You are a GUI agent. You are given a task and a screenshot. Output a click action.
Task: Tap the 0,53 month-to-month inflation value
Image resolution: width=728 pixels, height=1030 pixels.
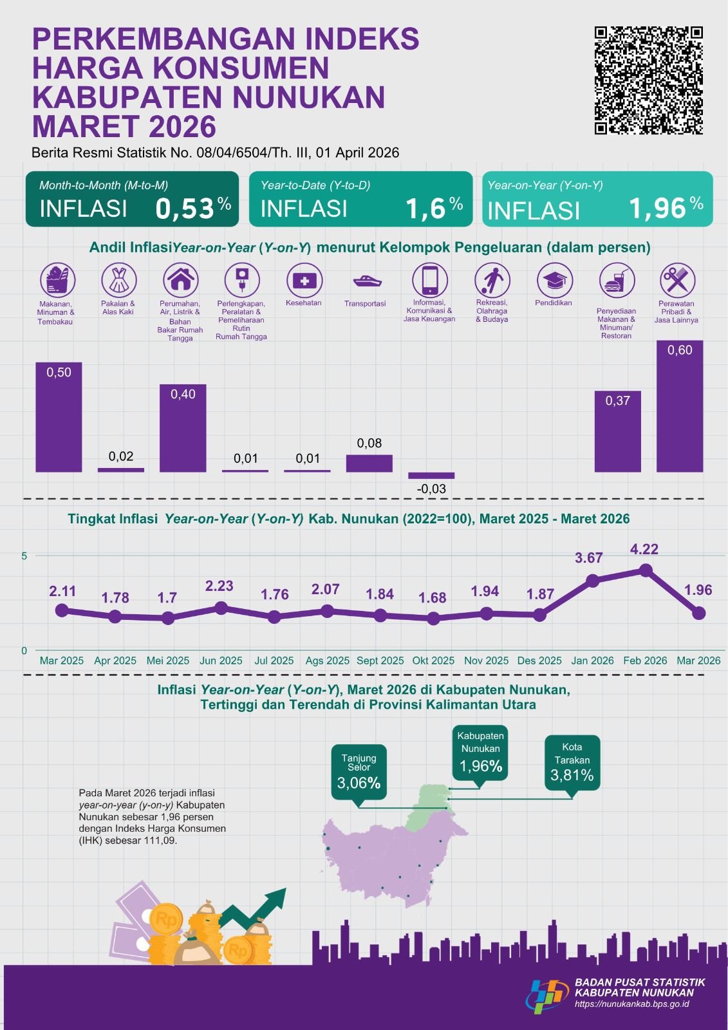185,209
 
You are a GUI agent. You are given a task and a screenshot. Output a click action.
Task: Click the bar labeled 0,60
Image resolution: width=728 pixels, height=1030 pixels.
680,406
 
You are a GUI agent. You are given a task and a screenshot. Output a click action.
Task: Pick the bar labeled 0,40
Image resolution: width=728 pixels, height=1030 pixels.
183,428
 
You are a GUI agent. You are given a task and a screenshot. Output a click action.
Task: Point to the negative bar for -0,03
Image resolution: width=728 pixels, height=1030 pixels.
431,475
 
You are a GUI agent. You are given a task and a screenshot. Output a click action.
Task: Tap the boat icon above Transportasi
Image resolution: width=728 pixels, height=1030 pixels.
367,281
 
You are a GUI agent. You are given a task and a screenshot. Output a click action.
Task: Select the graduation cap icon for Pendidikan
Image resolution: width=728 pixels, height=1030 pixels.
554,281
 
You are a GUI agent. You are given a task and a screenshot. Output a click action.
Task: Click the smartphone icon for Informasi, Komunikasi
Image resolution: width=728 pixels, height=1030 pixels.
429,281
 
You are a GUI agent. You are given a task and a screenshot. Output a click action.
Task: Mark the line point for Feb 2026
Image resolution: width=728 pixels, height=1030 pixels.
646,570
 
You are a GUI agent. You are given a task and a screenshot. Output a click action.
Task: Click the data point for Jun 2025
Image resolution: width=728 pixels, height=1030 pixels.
221,608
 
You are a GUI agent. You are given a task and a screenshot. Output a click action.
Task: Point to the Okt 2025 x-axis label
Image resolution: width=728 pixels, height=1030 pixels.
433,660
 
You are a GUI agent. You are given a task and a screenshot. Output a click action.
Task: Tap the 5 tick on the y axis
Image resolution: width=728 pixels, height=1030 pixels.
24,556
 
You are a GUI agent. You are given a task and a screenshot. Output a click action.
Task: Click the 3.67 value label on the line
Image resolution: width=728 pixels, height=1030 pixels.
588,558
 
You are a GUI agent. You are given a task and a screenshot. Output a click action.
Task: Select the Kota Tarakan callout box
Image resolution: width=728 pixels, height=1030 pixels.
572,762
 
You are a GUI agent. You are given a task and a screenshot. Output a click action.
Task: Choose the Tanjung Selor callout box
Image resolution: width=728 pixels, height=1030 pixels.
359,772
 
